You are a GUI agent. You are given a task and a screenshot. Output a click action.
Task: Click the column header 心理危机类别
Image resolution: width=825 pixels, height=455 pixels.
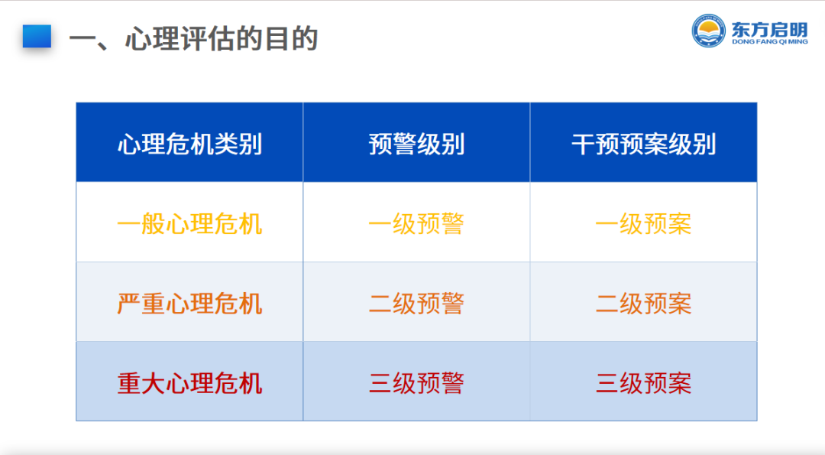[189, 144]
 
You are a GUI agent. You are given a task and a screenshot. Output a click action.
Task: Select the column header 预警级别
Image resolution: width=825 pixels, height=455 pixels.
[416, 144]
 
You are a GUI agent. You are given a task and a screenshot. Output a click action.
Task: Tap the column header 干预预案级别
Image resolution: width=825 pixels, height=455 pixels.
[643, 144]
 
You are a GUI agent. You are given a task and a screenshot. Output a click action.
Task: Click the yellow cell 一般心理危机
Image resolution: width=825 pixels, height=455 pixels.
[189, 224]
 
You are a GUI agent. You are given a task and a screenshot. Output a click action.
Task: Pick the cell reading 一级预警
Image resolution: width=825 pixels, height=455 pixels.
[416, 224]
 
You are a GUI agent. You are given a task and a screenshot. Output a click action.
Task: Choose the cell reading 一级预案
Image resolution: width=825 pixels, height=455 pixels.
[643, 224]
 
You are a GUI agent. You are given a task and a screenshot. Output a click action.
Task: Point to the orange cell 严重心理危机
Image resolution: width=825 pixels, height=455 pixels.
[189, 304]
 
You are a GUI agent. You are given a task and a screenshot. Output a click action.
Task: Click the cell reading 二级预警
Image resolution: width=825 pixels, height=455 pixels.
[416, 304]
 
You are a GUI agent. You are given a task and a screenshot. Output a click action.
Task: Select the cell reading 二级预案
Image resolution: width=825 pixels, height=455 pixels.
[643, 304]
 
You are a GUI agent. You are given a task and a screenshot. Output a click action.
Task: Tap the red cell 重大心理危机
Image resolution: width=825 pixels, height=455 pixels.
[189, 383]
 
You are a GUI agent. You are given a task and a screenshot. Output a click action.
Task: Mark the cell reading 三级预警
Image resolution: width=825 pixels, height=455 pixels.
[416, 383]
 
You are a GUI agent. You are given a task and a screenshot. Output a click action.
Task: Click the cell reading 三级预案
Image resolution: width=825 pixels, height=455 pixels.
[643, 383]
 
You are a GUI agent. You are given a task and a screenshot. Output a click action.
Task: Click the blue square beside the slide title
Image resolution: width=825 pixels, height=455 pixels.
[37, 37]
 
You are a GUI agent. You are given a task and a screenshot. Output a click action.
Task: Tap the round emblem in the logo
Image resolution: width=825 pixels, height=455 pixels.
[708, 31]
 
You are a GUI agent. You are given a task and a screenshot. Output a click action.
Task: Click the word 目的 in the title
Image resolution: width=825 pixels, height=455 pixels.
[293, 38]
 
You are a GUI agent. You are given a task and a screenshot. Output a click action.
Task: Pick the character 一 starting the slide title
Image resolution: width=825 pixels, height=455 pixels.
[82, 38]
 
